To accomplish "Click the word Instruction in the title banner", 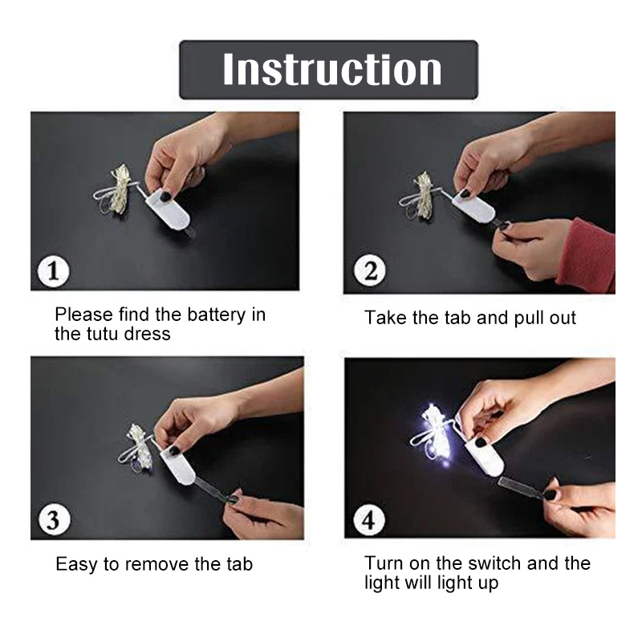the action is (332, 70).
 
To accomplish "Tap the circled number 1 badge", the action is (53, 271).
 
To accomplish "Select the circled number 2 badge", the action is (370, 271).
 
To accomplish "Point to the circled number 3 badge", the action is (54, 520).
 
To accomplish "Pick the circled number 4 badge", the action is (369, 520).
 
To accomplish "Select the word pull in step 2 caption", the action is (528, 318).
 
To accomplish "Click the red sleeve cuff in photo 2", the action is (587, 255).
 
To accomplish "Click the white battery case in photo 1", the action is (169, 210).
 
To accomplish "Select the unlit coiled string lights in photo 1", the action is (115, 190).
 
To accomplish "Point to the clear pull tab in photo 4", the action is (523, 486).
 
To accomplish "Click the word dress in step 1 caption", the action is (148, 334).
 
